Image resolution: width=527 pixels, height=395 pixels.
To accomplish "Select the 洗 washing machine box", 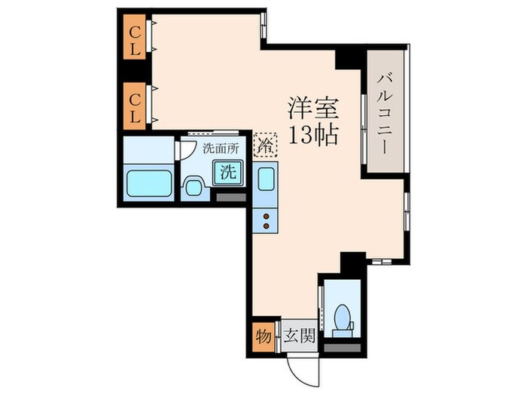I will tap(228, 172).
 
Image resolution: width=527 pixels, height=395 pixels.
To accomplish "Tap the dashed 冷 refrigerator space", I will tap(265, 143).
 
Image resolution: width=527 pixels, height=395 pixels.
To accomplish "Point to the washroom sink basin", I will tap(193, 187).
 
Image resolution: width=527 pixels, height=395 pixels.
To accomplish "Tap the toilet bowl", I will tap(343, 318).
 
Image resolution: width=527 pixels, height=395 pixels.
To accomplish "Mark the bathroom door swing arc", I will tap(181, 147).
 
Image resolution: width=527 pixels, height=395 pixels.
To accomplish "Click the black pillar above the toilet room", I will tap(351, 264).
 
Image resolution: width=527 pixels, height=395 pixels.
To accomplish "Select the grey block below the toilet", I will tap(343, 348).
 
